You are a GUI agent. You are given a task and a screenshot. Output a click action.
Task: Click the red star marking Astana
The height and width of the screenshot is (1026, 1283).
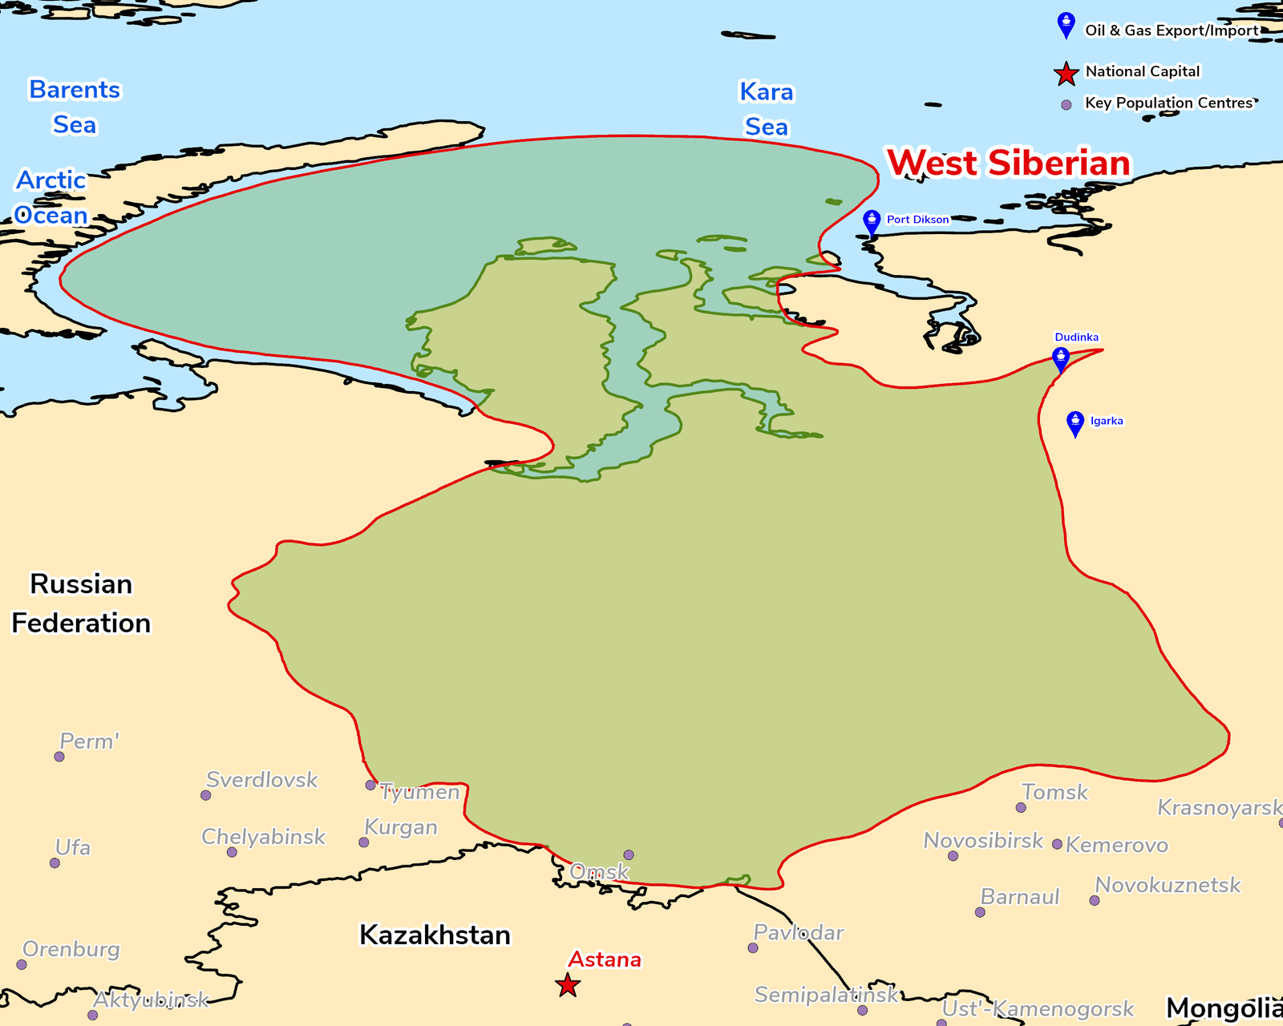pyautogui.click(x=568, y=985)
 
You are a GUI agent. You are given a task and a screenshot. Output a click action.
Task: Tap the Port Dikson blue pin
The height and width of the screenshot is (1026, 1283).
pyautogui.click(x=872, y=221)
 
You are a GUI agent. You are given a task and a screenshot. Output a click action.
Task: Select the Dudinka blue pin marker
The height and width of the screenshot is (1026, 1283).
pyautogui.click(x=1061, y=358)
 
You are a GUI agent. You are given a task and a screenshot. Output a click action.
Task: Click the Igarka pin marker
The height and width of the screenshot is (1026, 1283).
pyautogui.click(x=1075, y=422)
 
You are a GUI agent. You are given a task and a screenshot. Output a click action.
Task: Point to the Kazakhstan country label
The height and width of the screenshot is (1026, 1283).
pyautogui.click(x=435, y=935)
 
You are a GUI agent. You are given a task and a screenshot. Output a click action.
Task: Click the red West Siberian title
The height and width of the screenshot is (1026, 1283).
pyautogui.click(x=1009, y=163)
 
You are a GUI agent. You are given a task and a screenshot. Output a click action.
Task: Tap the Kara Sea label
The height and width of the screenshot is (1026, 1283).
pyautogui.click(x=767, y=109)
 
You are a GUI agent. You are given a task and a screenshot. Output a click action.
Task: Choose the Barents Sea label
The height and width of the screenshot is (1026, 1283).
pyautogui.click(x=75, y=107)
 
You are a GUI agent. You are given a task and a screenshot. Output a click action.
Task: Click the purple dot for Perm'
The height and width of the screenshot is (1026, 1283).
pyautogui.click(x=59, y=757)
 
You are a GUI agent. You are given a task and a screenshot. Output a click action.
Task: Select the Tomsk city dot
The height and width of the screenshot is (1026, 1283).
pyautogui.click(x=1021, y=807)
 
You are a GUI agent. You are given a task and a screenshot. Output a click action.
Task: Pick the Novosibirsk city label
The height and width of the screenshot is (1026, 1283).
pyautogui.click(x=983, y=840)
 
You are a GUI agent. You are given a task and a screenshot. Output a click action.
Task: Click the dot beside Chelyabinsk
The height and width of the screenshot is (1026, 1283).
pyautogui.click(x=232, y=852)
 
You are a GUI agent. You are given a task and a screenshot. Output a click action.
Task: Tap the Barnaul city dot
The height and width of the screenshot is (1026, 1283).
pyautogui.click(x=980, y=912)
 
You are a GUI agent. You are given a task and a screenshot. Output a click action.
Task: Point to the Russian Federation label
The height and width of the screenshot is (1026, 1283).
pyautogui.click(x=81, y=603)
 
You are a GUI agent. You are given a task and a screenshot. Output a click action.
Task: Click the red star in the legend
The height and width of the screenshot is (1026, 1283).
pyautogui.click(x=1066, y=74)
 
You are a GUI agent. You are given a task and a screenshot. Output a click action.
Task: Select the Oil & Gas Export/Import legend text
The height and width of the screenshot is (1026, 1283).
pyautogui.click(x=1172, y=30)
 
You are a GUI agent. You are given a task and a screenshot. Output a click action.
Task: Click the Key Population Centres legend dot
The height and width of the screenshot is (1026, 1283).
pyautogui.click(x=1066, y=105)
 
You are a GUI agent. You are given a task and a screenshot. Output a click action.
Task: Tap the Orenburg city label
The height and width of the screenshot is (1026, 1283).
pyautogui.click(x=71, y=949)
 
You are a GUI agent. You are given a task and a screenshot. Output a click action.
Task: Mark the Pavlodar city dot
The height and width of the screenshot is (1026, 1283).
pyautogui.click(x=753, y=948)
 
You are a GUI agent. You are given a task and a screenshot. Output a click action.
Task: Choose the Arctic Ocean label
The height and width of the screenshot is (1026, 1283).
pyautogui.click(x=51, y=197)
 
